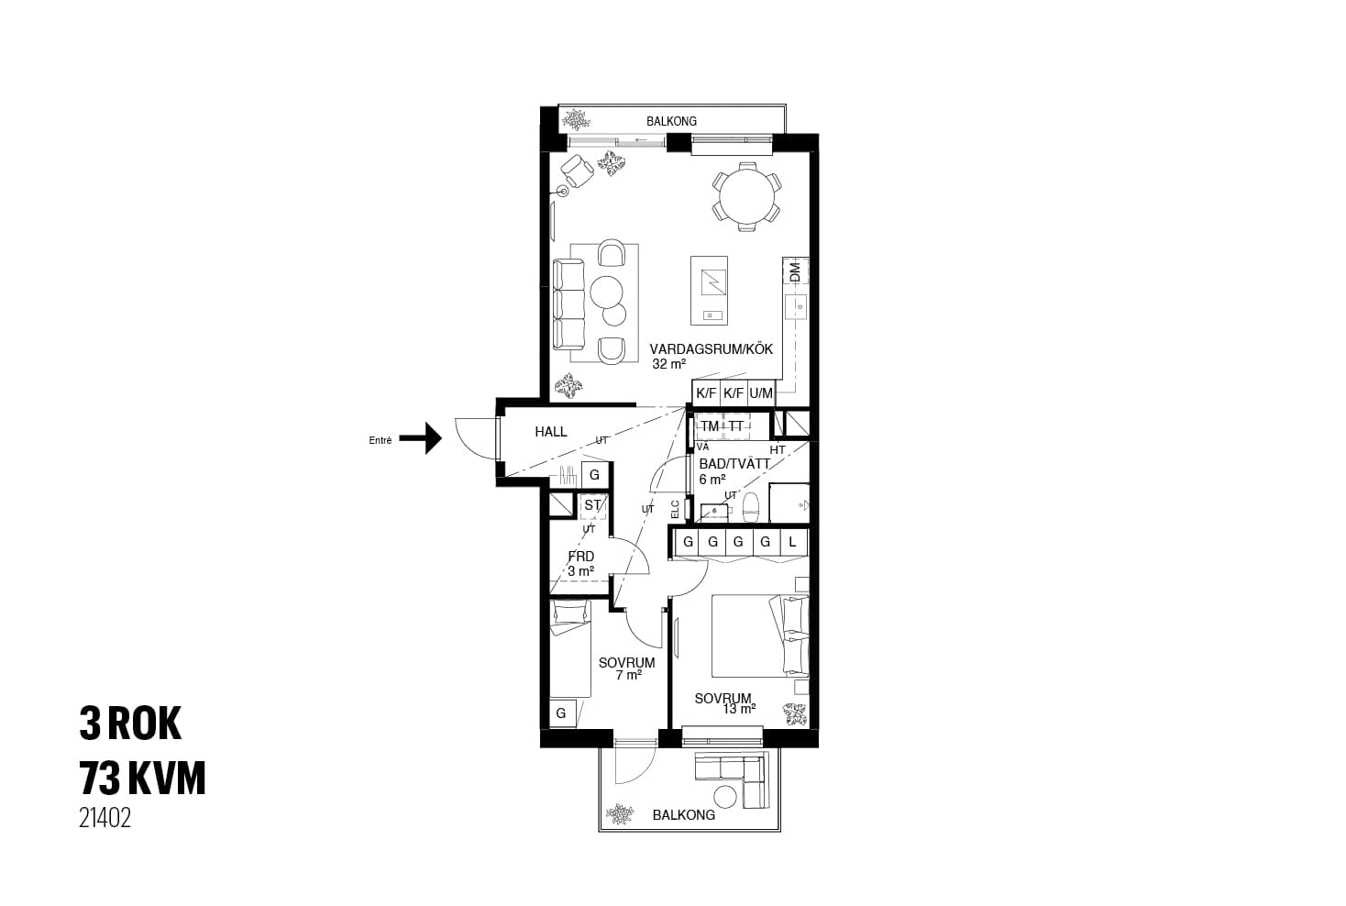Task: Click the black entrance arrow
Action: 421,438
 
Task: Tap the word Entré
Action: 381,440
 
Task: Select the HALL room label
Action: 551,431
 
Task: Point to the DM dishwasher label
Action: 796,271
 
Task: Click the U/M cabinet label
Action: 761,393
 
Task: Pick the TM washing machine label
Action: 710,426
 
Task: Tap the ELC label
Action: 675,510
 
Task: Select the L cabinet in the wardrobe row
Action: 792,542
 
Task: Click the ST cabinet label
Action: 592,505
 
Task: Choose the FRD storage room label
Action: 581,557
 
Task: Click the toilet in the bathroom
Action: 752,508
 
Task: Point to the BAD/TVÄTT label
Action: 734,464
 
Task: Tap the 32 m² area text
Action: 668,364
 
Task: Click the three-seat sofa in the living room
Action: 568,304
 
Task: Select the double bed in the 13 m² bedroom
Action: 760,636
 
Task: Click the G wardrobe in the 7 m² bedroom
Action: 562,713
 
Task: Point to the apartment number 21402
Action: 105,818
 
